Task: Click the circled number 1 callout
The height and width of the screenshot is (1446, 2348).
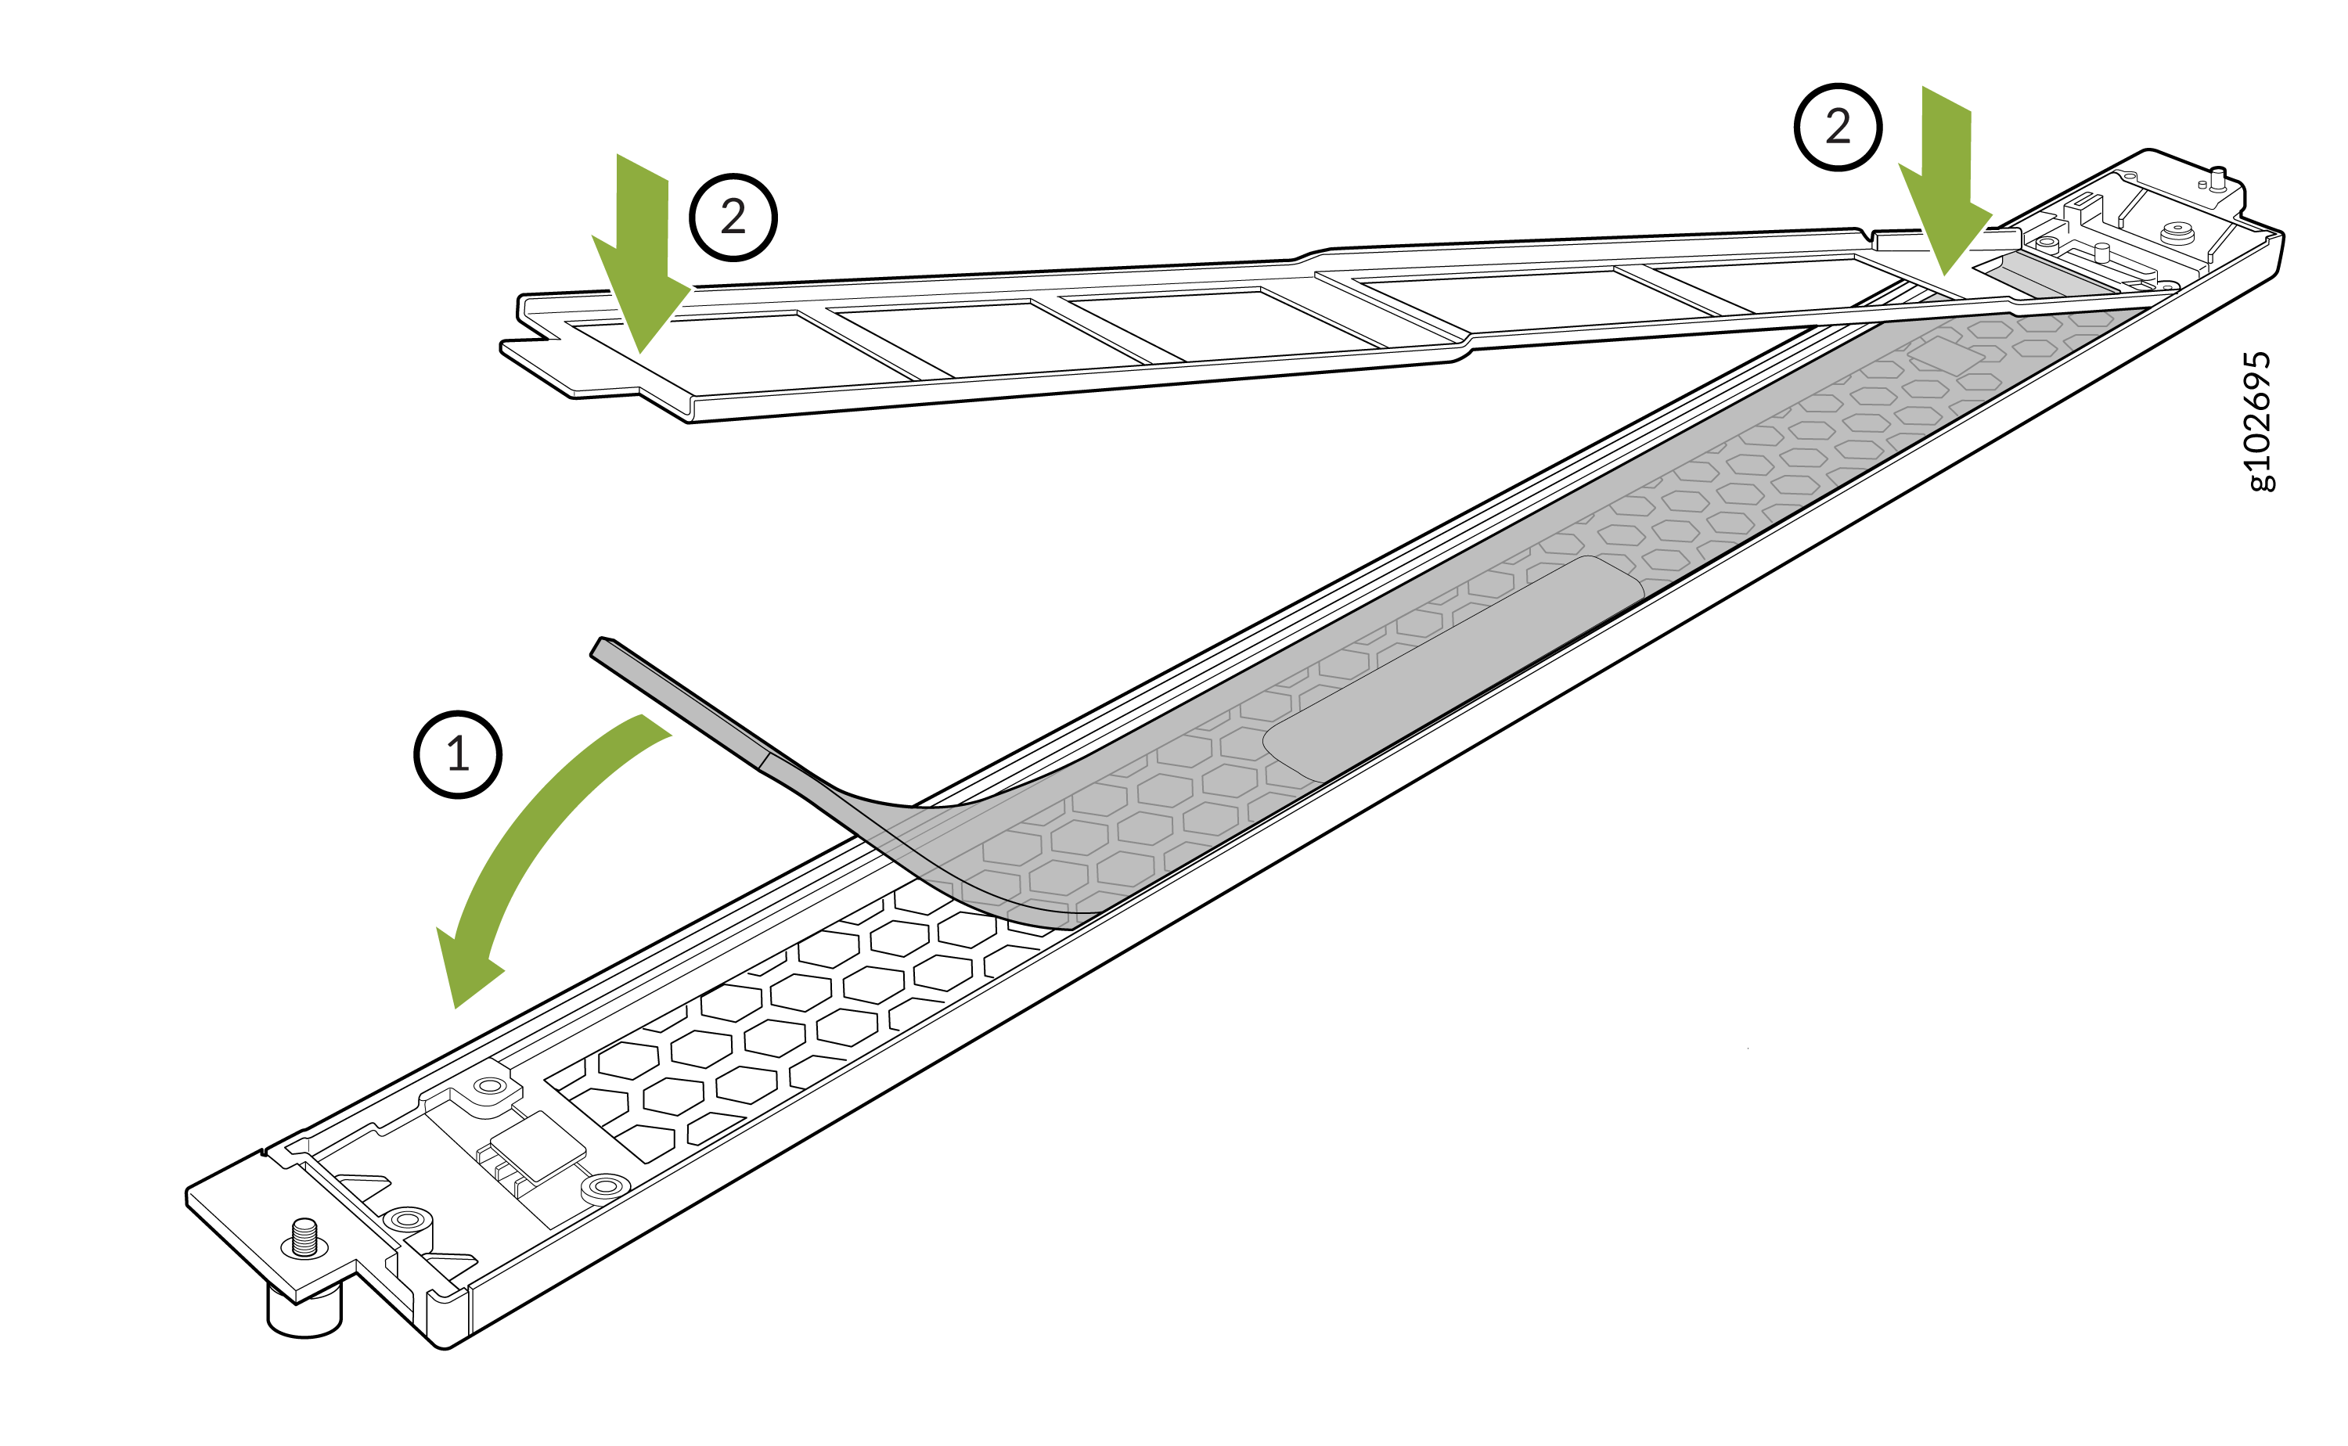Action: coord(457,754)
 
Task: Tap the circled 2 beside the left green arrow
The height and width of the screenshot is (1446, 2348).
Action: coord(733,217)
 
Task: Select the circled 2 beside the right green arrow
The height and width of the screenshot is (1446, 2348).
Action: coord(1837,128)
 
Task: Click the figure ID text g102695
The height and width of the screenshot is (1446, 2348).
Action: coord(2259,421)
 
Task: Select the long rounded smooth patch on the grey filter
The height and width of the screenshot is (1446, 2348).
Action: coord(1453,670)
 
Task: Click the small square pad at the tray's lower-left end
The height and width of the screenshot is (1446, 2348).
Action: coord(537,1146)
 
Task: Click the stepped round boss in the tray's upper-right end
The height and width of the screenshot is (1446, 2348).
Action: coord(2177,232)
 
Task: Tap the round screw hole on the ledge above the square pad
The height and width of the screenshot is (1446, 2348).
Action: coord(491,1086)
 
